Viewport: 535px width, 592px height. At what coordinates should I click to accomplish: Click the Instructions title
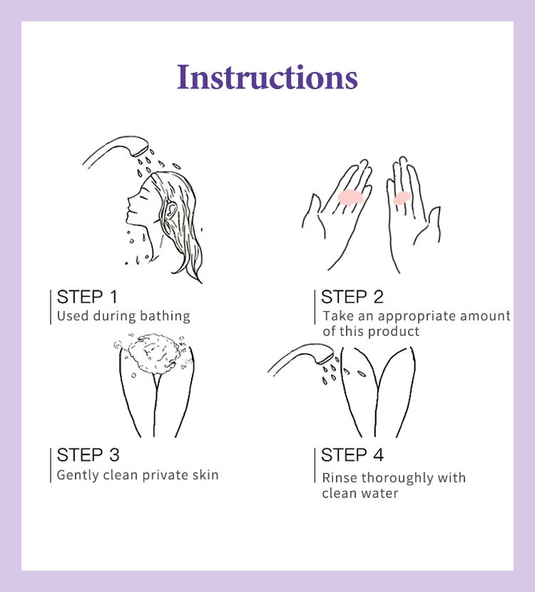(x=267, y=77)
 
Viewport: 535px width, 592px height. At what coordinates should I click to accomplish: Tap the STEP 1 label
(x=87, y=297)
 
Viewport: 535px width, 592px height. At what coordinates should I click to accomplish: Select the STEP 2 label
(x=352, y=297)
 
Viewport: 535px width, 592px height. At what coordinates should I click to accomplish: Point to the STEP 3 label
(x=88, y=455)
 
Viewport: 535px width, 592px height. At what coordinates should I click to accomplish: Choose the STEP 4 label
(x=352, y=454)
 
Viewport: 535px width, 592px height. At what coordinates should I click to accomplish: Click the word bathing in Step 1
(x=165, y=317)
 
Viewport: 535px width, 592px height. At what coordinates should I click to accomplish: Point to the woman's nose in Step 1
(x=130, y=198)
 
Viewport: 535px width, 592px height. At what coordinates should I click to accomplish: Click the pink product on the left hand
(x=350, y=197)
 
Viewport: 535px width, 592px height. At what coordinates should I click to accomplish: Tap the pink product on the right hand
(x=402, y=198)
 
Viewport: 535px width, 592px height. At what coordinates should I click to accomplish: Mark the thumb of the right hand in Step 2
(x=429, y=223)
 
